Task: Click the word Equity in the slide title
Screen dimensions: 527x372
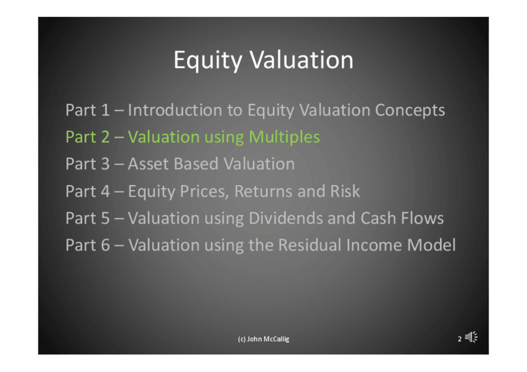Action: coord(208,61)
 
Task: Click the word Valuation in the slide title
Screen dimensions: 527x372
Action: coord(301,60)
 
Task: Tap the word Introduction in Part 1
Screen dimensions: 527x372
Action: coord(175,110)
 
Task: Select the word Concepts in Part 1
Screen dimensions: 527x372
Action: coord(410,111)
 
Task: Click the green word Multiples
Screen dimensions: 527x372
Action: coord(285,138)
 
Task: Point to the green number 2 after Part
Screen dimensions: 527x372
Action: coord(105,137)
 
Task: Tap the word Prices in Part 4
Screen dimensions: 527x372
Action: coord(204,191)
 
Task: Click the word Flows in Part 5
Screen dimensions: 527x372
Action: coord(422,218)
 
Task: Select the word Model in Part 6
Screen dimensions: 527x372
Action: coord(431,245)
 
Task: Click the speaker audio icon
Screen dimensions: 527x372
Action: coord(471,337)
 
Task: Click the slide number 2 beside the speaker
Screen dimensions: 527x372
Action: coord(459,339)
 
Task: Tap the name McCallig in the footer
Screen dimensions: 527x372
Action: coord(277,340)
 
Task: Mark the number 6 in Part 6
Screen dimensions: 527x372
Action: coord(105,245)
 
